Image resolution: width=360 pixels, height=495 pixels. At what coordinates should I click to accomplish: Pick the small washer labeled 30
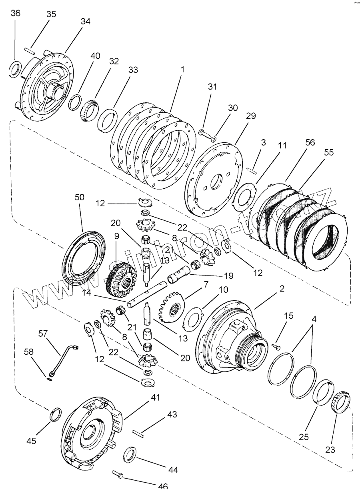tap(214, 139)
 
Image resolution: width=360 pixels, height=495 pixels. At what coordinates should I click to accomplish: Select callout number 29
tap(251, 116)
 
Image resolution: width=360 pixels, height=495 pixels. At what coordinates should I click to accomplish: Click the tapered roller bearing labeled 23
tap(340, 401)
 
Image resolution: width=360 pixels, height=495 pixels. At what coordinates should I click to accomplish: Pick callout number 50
tap(79, 197)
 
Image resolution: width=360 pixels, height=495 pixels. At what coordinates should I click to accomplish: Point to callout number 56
tap(299, 142)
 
